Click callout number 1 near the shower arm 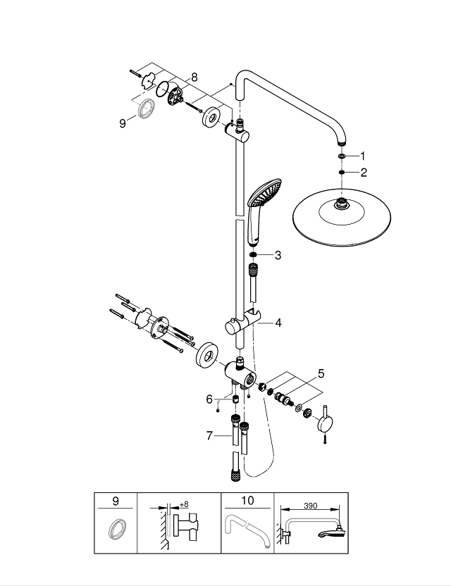point(364,155)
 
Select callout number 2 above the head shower point(364,172)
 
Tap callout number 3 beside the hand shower point(278,255)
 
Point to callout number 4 point(278,323)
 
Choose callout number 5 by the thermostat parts point(321,374)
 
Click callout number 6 point(209,399)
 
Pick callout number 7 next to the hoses point(209,436)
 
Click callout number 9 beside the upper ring point(123,122)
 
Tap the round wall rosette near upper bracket point(211,119)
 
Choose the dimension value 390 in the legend point(309,506)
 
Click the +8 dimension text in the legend point(185,504)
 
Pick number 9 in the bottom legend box point(116,501)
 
